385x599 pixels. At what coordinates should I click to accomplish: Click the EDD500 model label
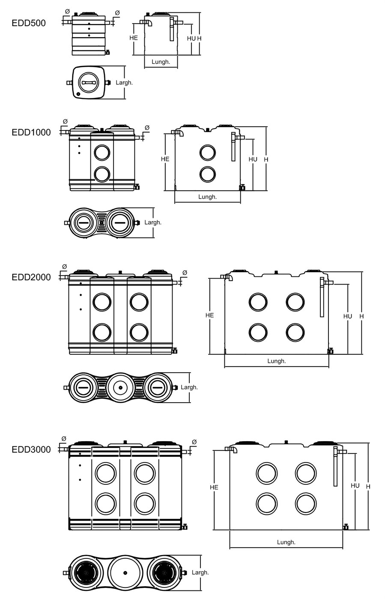(x=29, y=23)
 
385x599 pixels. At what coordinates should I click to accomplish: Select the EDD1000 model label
(x=31, y=132)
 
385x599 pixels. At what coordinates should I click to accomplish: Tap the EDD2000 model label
(x=31, y=277)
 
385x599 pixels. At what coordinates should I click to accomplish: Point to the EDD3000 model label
(x=31, y=449)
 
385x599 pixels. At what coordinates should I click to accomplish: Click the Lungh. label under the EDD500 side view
(x=161, y=62)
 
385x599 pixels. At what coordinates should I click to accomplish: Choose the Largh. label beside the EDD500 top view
(x=124, y=83)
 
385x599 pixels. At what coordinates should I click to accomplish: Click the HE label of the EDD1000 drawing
(x=165, y=159)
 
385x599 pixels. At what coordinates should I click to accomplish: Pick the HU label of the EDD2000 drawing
(x=347, y=316)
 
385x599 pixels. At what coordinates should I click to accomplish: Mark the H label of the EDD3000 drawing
(x=368, y=486)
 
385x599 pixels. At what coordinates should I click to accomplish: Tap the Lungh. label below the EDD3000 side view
(x=286, y=542)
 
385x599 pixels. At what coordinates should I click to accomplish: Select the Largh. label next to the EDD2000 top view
(x=189, y=387)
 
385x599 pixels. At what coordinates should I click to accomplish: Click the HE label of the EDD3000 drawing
(x=214, y=487)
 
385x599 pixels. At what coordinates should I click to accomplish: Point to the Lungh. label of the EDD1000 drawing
(x=208, y=197)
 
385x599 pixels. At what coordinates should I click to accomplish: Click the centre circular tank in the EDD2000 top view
(x=120, y=388)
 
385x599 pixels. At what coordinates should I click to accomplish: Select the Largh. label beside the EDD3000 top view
(x=200, y=572)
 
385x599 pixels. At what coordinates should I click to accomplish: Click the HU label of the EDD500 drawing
(x=191, y=38)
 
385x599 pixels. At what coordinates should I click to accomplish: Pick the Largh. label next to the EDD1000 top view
(x=153, y=222)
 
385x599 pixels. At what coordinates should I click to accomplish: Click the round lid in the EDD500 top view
(x=90, y=83)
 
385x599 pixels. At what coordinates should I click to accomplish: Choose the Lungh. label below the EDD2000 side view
(x=277, y=361)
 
